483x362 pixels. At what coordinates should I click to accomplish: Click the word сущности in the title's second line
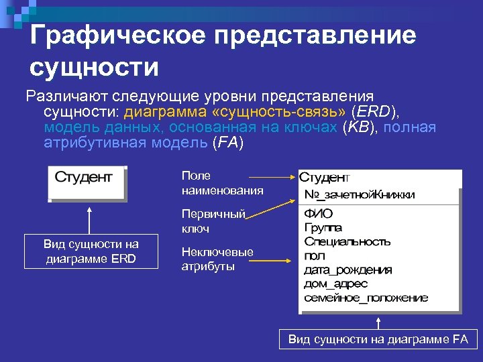95,67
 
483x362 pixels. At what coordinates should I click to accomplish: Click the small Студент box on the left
87,182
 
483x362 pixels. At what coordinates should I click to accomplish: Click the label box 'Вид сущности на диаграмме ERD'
91,251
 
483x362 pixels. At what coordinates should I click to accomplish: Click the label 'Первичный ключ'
213,221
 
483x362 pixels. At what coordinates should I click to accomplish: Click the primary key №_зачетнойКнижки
359,194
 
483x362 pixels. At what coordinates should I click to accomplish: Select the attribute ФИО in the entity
319,214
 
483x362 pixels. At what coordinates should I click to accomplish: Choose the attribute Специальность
347,241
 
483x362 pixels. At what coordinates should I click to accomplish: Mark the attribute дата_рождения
347,269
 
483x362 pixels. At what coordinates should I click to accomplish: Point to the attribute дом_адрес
335,284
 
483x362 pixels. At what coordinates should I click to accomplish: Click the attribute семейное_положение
366,298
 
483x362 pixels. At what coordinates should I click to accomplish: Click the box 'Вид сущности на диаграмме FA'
378,339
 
